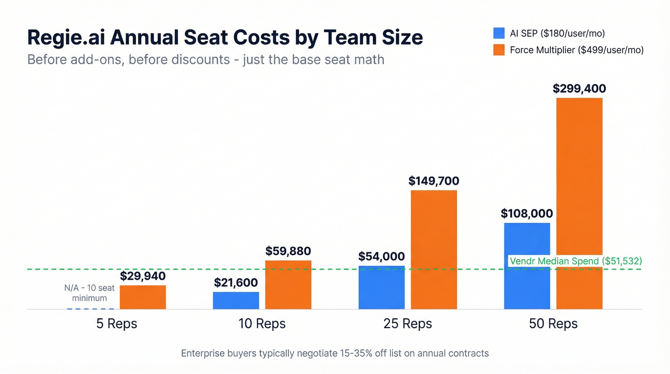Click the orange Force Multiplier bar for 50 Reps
(x=579, y=204)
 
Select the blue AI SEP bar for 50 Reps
(x=527, y=266)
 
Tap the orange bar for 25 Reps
(x=434, y=249)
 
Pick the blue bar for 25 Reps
(x=381, y=287)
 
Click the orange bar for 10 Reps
(x=288, y=284)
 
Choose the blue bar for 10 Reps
(x=236, y=300)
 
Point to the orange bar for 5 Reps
(x=143, y=297)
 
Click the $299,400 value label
(x=579, y=89)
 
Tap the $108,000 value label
(x=527, y=214)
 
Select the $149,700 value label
(x=434, y=181)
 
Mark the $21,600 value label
(x=236, y=283)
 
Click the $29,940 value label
(x=143, y=276)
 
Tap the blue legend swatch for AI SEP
(x=499, y=33)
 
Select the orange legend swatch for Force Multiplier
(x=499, y=50)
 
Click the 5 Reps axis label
(x=117, y=324)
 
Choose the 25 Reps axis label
(x=408, y=324)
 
